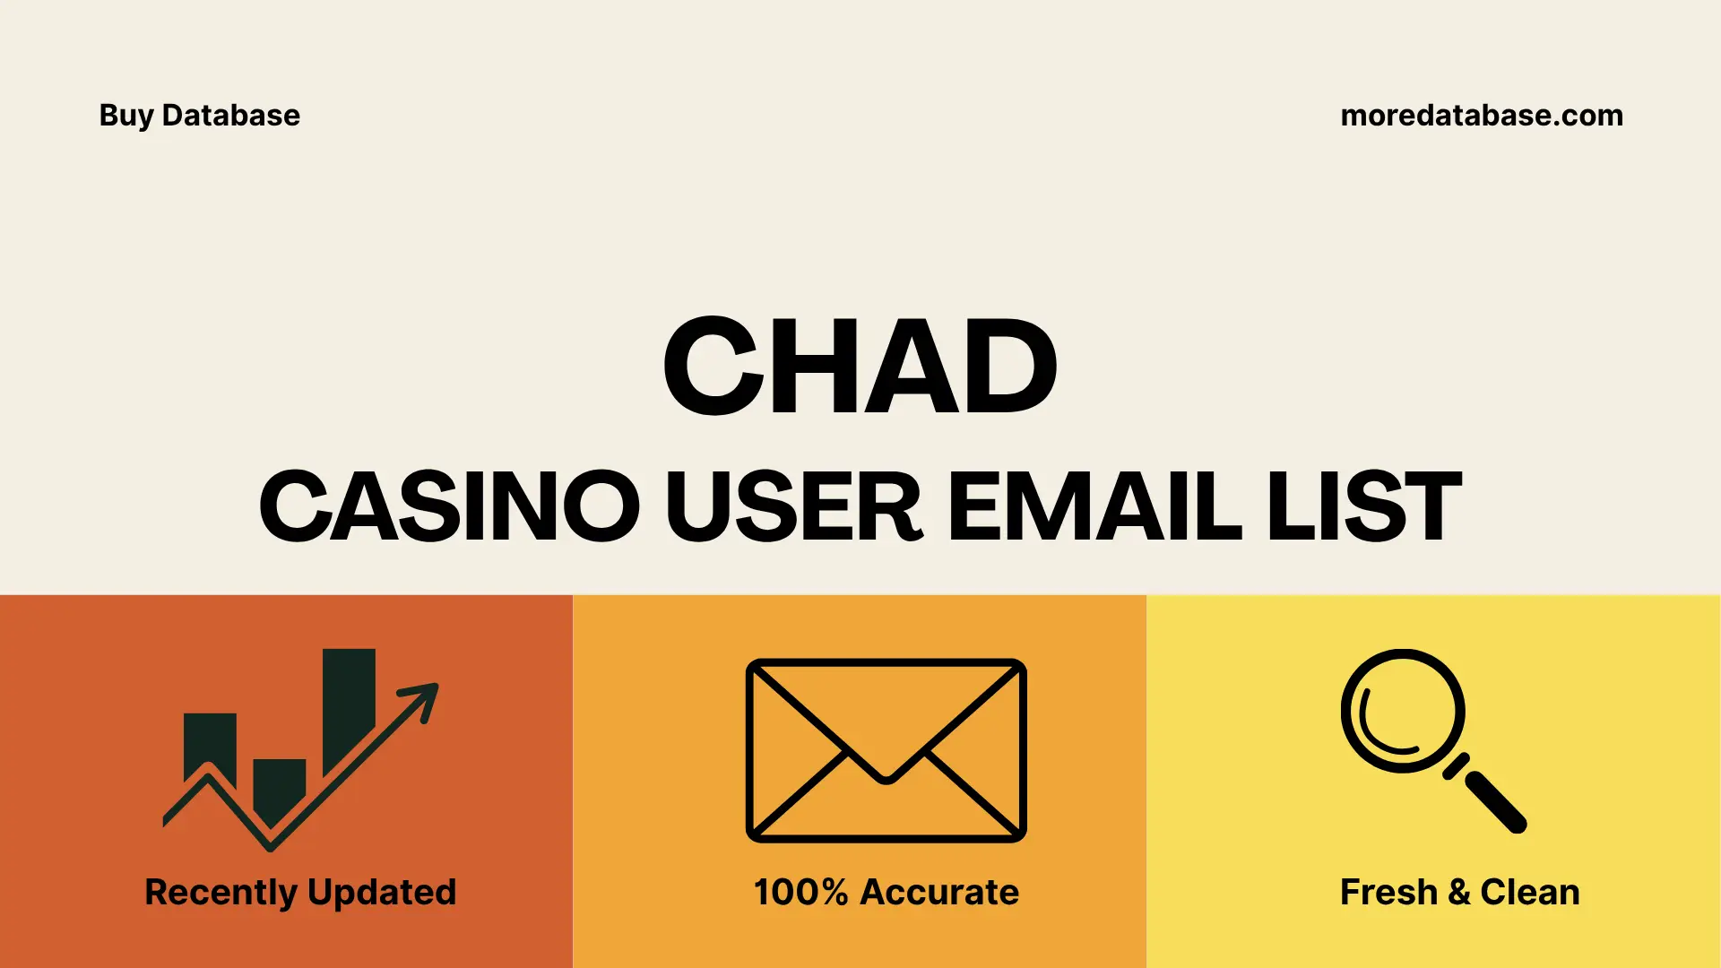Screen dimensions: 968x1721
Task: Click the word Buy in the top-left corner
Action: pyautogui.click(x=126, y=116)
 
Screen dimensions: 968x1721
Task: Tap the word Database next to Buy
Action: pyautogui.click(x=231, y=116)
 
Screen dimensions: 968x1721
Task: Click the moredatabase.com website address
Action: pyautogui.click(x=1481, y=116)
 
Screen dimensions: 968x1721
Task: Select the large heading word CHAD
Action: pyautogui.click(x=860, y=367)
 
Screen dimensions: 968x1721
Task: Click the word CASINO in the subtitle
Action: pyautogui.click(x=449, y=506)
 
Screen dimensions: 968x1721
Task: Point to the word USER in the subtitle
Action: pyautogui.click(x=793, y=506)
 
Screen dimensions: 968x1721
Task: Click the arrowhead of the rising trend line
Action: pyautogui.click(x=423, y=696)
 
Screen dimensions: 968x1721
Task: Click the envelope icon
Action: pyautogui.click(x=886, y=750)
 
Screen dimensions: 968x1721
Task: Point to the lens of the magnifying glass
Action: pyautogui.click(x=1402, y=711)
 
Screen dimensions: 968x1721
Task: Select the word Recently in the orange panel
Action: pyautogui.click(x=221, y=893)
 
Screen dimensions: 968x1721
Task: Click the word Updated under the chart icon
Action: pyautogui.click(x=381, y=893)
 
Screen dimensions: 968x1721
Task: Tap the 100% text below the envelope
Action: pyautogui.click(x=800, y=893)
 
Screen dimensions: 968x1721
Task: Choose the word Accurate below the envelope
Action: pyautogui.click(x=938, y=893)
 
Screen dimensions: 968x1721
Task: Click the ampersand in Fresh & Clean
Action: pyautogui.click(x=1458, y=893)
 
